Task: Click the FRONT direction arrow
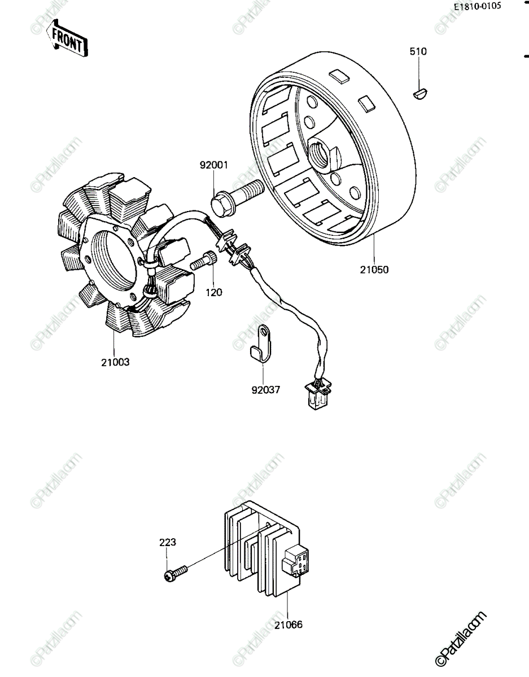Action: pyautogui.click(x=67, y=38)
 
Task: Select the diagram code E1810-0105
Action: pyautogui.click(x=477, y=6)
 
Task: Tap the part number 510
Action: pyautogui.click(x=418, y=51)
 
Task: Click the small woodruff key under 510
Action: pyautogui.click(x=421, y=94)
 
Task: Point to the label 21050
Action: pyautogui.click(x=374, y=270)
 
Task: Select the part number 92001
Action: pyautogui.click(x=214, y=165)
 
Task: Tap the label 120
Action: pyautogui.click(x=214, y=292)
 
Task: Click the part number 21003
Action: pyautogui.click(x=115, y=362)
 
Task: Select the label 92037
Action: pyautogui.click(x=266, y=389)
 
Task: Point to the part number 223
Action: pyautogui.click(x=168, y=542)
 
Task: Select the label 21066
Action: pyautogui.click(x=288, y=625)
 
